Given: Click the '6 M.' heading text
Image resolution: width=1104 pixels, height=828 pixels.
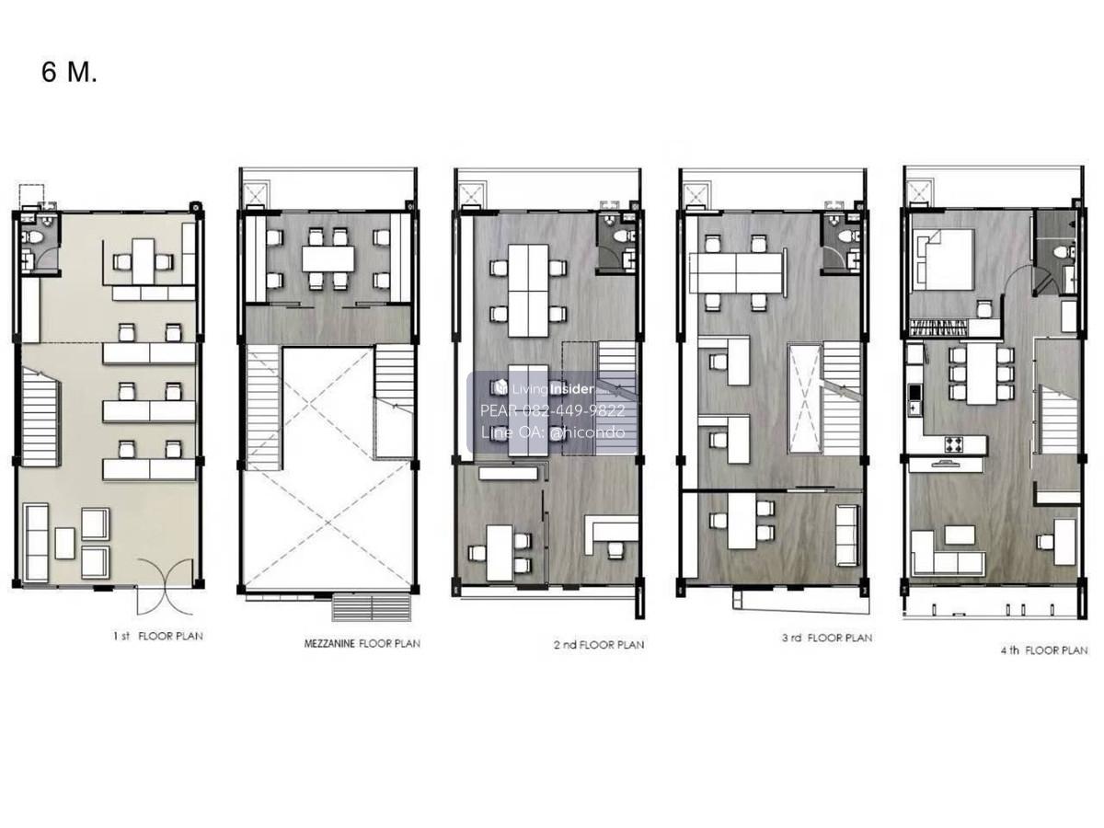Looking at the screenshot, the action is point(69,72).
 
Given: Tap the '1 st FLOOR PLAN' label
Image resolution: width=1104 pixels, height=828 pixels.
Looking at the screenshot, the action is point(158,636).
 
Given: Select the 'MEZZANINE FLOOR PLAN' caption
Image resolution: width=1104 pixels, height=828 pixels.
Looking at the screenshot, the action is point(362,643).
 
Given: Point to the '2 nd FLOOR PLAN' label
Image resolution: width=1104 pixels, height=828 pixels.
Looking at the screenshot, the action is point(599,645).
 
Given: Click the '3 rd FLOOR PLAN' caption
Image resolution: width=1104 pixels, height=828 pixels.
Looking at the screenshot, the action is point(827,638).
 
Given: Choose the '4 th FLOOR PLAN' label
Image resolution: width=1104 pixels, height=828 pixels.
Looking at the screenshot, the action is point(1044,650).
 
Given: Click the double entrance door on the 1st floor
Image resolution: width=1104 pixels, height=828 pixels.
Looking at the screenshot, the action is point(165,587).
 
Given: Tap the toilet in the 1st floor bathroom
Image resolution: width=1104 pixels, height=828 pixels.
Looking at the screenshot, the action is point(34,236).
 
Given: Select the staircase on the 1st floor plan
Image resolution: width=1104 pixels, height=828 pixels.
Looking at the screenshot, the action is point(40,417).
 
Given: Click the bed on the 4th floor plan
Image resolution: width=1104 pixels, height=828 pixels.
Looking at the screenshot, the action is point(943,259).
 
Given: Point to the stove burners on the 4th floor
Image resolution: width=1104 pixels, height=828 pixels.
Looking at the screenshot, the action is point(954,444).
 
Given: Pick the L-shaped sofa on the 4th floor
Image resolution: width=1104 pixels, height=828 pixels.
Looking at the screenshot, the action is point(947,553).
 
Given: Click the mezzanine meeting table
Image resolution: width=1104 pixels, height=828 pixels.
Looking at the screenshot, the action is point(328,258).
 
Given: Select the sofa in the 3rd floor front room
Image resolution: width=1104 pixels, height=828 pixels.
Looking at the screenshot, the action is point(848,535).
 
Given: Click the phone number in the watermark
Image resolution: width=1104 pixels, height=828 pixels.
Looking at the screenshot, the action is point(552,410).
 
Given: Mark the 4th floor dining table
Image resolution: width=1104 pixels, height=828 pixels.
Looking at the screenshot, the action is point(981,373).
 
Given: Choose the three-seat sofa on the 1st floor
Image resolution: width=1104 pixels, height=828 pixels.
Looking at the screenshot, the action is point(37,543).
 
